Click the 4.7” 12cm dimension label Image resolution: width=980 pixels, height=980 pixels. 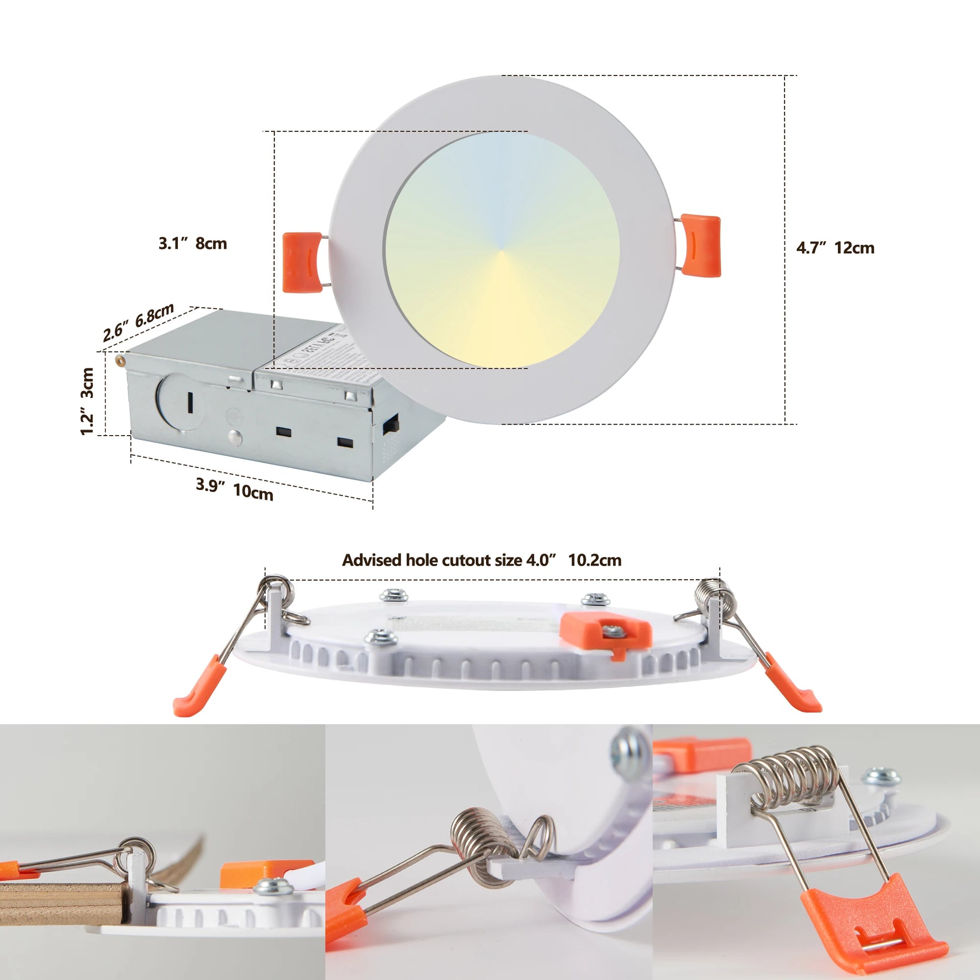click(x=835, y=248)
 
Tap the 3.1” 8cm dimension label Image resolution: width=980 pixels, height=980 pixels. click(x=193, y=243)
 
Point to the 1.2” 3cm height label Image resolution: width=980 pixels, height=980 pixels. click(x=87, y=401)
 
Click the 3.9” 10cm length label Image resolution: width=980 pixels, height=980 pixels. click(x=234, y=489)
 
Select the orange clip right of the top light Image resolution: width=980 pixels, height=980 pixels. click(x=701, y=245)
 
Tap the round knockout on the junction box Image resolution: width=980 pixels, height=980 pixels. click(x=180, y=401)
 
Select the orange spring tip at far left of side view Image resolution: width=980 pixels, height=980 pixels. click(x=199, y=685)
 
